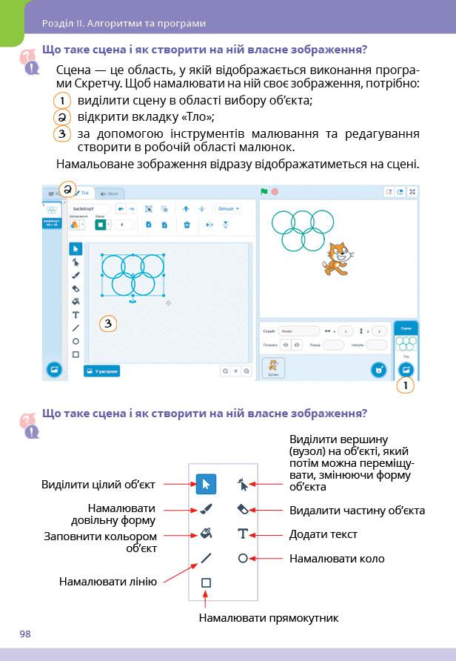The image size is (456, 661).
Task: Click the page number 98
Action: [x=25, y=633]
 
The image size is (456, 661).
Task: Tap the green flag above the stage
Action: [x=264, y=192]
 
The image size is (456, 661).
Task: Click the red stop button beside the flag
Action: [x=275, y=192]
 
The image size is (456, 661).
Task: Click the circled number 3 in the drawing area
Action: [x=108, y=324]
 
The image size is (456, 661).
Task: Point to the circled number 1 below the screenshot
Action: [x=406, y=385]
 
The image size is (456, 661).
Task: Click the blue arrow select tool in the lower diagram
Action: [x=206, y=485]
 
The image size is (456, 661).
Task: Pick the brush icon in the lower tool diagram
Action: [x=206, y=509]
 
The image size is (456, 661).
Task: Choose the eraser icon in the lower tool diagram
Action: [x=242, y=509]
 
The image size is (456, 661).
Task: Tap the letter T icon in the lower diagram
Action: [x=242, y=534]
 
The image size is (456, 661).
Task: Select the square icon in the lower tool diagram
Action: [x=206, y=582]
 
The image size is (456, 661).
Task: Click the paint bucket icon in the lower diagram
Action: [x=206, y=534]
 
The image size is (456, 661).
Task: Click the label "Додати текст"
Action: [x=323, y=534]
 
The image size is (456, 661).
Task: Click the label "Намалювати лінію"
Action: [x=108, y=582]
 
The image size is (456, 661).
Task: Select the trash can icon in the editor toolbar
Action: [x=187, y=225]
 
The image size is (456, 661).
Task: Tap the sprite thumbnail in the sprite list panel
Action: [x=273, y=367]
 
